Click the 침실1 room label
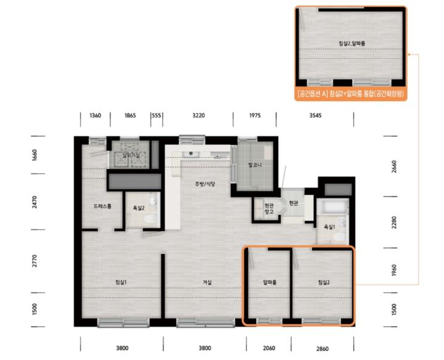121,282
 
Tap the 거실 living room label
207,282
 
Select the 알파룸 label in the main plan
269,282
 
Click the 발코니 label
255,165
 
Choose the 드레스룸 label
102,207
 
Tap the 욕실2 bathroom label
139,208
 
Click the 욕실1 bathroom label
329,227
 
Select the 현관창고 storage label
269,208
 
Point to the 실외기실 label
131,155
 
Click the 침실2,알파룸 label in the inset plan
352,43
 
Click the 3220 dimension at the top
199,115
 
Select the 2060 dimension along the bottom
269,348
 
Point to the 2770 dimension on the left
35,261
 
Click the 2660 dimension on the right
394,166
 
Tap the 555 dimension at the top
156,115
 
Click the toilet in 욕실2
150,219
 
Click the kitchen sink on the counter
191,154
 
